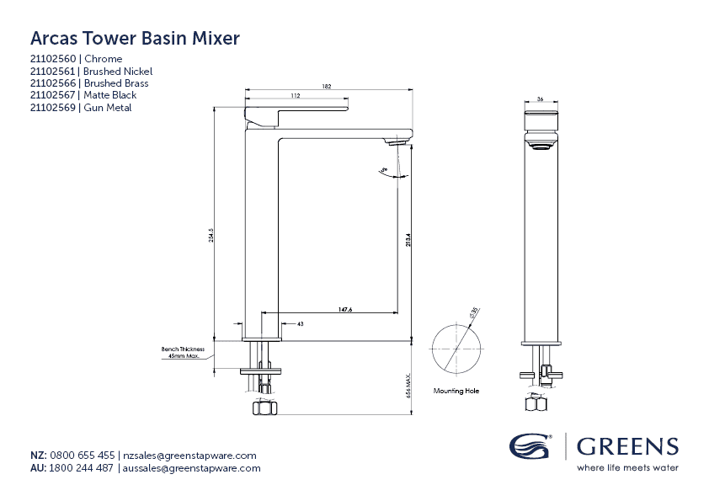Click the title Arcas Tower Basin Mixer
(x=135, y=38)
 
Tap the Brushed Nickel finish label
(x=118, y=72)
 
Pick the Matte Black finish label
(x=110, y=96)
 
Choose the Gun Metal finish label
(x=108, y=108)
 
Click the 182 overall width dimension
(x=326, y=86)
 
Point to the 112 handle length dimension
(x=296, y=97)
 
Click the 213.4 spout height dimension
(x=408, y=239)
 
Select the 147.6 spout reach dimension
(x=345, y=311)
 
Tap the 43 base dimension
(x=300, y=323)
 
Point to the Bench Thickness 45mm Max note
(x=183, y=352)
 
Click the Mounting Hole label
(x=457, y=391)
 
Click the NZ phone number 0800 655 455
(x=83, y=456)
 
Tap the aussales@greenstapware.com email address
(x=191, y=468)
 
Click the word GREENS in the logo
(x=627, y=447)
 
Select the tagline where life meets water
(x=627, y=467)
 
